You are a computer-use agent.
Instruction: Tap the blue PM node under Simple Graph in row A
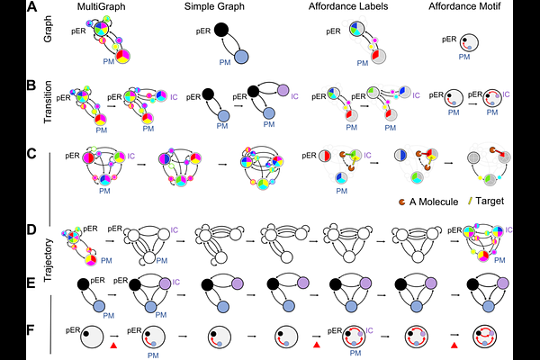(x=241, y=58)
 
